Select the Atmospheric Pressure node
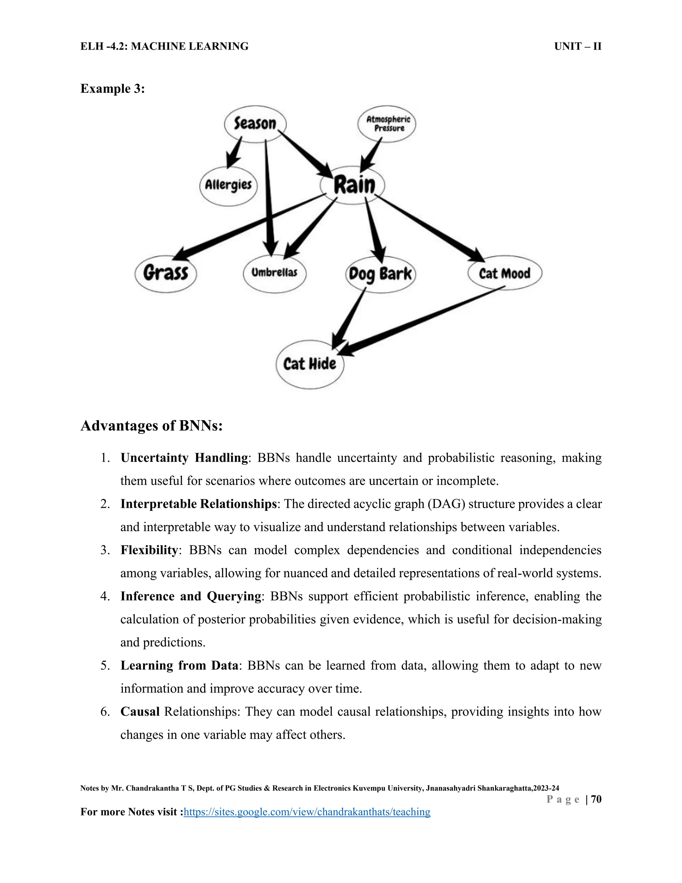click(x=387, y=124)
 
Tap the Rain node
click(x=353, y=185)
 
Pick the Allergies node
click(x=228, y=186)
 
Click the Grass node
click(x=166, y=273)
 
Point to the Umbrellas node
click(x=274, y=273)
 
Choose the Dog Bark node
click(x=380, y=274)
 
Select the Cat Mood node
click(x=504, y=273)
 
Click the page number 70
click(x=596, y=799)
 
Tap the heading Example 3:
click(x=112, y=89)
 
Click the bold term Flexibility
click(x=149, y=550)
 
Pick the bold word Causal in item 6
click(x=140, y=712)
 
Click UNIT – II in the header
click(x=577, y=47)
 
